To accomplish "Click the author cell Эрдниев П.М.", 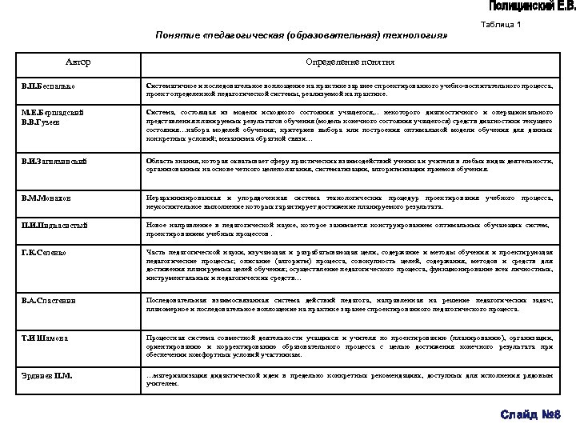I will coord(45,374).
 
